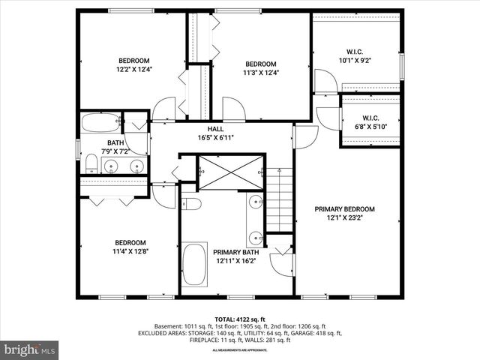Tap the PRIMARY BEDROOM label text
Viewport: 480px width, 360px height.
pyautogui.click(x=344, y=209)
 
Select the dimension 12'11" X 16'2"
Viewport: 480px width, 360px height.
pyautogui.click(x=235, y=262)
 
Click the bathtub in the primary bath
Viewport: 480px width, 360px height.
pyautogui.click(x=195, y=268)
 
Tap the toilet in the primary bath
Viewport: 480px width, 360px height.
pyautogui.click(x=190, y=204)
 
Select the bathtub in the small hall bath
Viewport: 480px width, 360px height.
pyautogui.click(x=100, y=123)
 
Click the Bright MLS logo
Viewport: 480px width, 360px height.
pyautogui.click(x=30, y=349)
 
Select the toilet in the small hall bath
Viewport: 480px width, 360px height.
pyautogui.click(x=91, y=163)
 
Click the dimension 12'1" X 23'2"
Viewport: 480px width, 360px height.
pyautogui.click(x=344, y=218)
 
